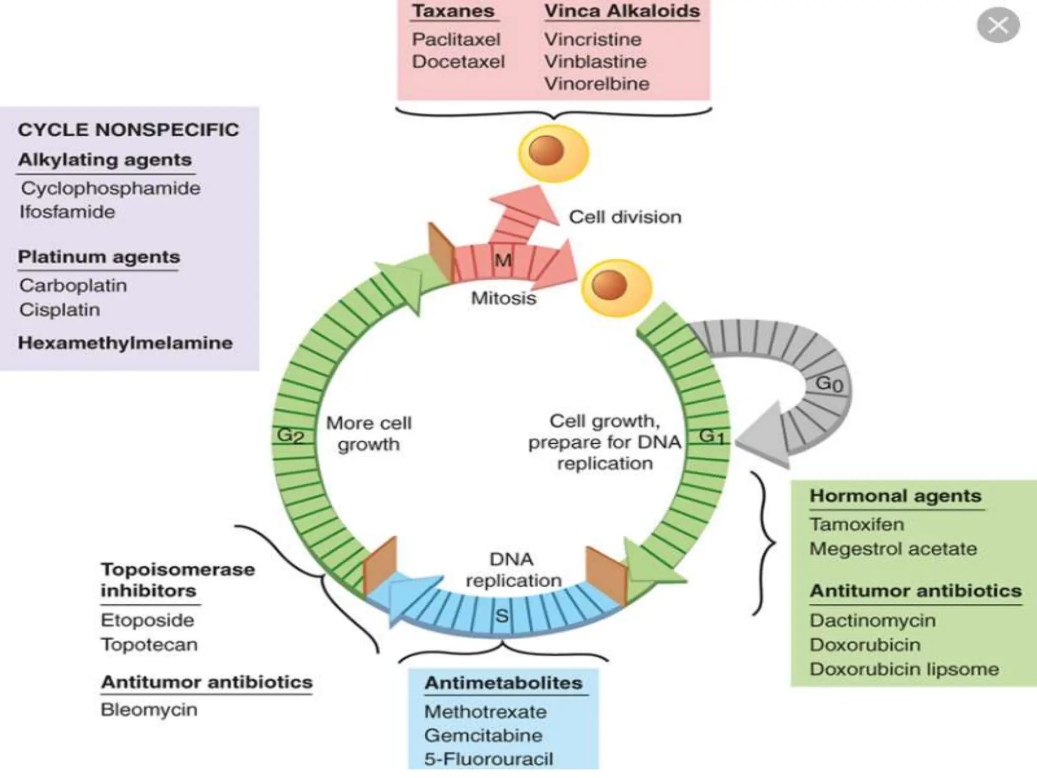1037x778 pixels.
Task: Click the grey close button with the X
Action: [x=998, y=25]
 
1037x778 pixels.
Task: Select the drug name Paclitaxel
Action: [x=456, y=40]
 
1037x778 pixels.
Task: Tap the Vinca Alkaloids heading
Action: [x=622, y=11]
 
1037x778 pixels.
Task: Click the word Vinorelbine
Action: [x=596, y=84]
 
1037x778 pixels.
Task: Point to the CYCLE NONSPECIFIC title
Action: [x=128, y=130]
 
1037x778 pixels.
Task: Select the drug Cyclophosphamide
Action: [x=110, y=188]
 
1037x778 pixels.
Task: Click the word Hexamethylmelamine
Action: [x=125, y=343]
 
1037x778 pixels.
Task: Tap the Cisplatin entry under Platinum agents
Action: [x=60, y=309]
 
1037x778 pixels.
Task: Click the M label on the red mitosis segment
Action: [x=503, y=260]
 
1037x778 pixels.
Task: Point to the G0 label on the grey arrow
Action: [x=829, y=384]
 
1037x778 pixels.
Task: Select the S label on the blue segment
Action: [x=502, y=615]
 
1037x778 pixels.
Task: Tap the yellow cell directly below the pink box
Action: [x=553, y=152]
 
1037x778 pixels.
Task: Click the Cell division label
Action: [x=625, y=217]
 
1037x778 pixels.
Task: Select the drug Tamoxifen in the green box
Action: [x=856, y=524]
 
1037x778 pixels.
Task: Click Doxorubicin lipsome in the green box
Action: [x=904, y=669]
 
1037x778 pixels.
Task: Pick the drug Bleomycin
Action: [x=149, y=710]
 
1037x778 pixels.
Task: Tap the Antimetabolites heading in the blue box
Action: [x=503, y=683]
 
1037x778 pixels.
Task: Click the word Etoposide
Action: [x=147, y=620]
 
